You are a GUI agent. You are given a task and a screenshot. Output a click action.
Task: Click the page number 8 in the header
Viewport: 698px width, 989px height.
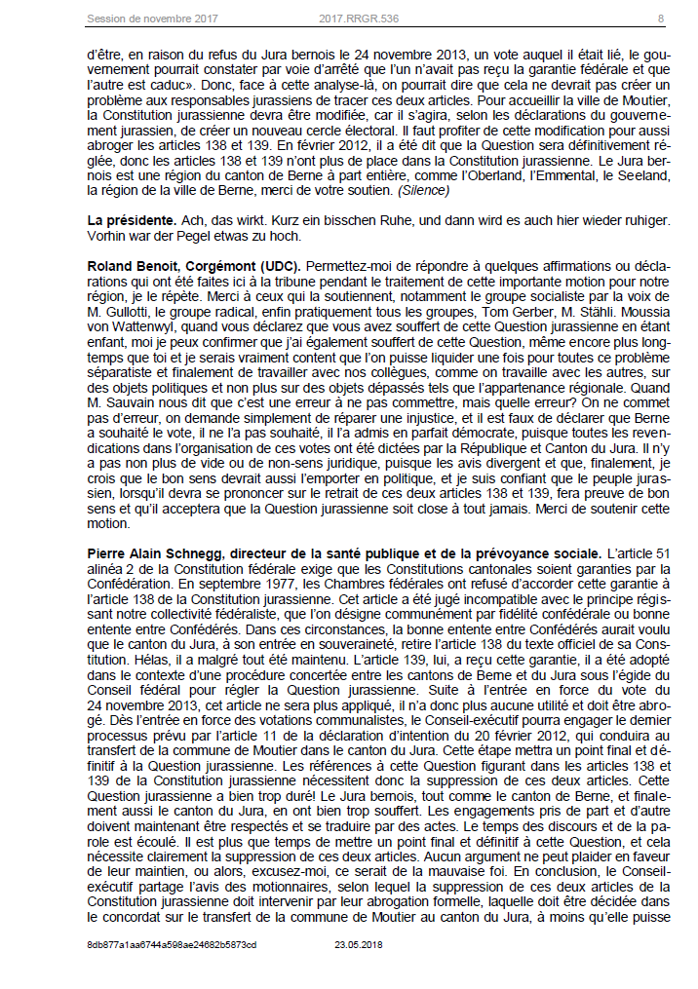pyautogui.click(x=660, y=19)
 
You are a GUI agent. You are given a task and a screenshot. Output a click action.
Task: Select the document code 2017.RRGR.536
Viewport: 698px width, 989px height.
pyautogui.click(x=357, y=19)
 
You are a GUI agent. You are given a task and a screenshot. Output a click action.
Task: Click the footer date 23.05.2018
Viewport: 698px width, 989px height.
pyautogui.click(x=361, y=944)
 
